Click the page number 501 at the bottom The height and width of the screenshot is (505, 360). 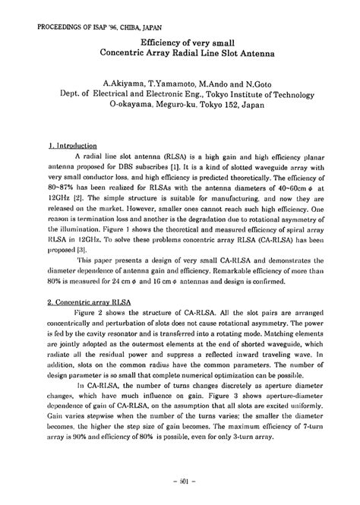(x=180, y=479)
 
